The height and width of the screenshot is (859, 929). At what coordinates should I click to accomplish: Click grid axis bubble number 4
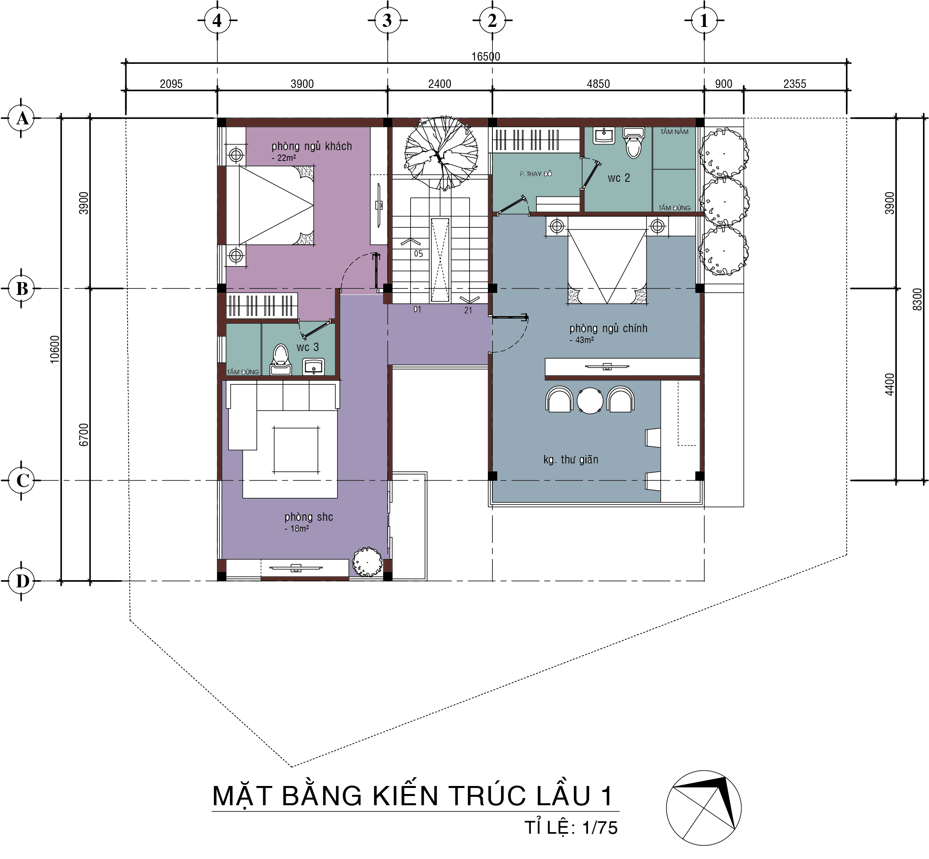click(217, 20)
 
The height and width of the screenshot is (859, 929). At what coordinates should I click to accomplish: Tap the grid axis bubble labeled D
click(22, 581)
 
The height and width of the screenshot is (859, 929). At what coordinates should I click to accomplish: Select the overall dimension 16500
click(486, 56)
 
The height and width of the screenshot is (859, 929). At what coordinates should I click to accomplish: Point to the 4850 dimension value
click(598, 84)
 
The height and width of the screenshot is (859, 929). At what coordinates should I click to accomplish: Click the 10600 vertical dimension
click(55, 349)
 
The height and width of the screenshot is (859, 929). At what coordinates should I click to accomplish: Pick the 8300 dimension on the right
click(917, 299)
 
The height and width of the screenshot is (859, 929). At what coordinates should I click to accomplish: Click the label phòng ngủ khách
click(311, 146)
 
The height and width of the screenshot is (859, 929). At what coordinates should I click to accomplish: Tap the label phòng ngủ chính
click(608, 328)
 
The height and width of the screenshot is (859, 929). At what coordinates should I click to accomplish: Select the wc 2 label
click(618, 178)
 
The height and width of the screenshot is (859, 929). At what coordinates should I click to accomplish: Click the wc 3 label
click(308, 347)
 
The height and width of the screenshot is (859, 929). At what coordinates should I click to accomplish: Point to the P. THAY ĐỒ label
click(536, 174)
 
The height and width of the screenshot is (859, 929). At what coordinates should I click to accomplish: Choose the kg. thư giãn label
click(571, 459)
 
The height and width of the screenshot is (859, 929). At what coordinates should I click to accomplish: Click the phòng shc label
click(309, 517)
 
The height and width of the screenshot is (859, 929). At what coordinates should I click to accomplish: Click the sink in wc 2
click(604, 135)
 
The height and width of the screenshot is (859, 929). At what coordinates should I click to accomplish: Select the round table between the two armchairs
click(590, 400)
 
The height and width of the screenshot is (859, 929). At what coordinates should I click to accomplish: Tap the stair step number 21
click(468, 310)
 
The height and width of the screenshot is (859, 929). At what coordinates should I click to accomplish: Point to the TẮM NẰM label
click(674, 132)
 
